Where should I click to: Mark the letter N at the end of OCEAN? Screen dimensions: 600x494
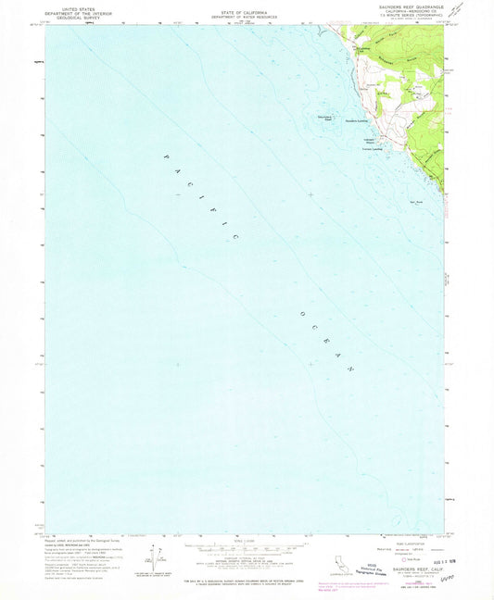(351, 369)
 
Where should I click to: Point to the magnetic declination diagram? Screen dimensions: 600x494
(150, 556)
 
